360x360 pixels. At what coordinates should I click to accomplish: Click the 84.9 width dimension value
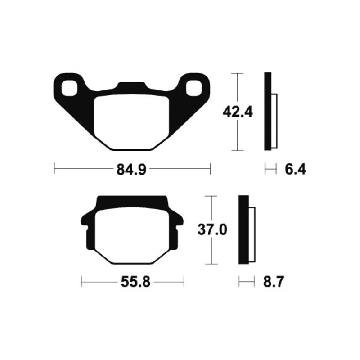click(x=131, y=170)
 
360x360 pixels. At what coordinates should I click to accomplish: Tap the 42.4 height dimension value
click(x=238, y=112)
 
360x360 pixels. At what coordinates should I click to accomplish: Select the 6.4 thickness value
click(x=295, y=170)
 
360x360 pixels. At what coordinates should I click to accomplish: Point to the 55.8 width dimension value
click(x=135, y=282)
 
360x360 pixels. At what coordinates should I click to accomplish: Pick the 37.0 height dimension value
click(x=212, y=229)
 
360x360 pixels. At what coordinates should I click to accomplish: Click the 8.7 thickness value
click(x=274, y=282)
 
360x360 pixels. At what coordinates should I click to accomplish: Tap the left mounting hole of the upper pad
click(x=69, y=88)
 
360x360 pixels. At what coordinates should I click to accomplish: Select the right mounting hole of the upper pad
click(x=194, y=88)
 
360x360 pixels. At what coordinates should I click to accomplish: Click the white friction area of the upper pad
click(x=131, y=122)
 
